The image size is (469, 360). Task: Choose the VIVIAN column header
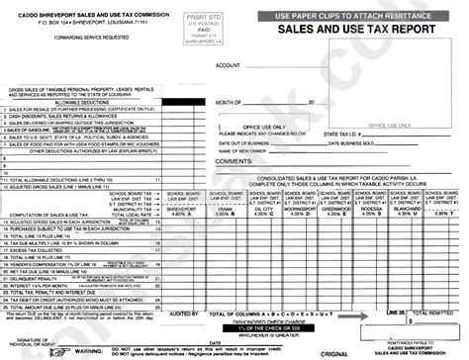[x=225, y=209]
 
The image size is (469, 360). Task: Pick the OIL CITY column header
[x=263, y=209]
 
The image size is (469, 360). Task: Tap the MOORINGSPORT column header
[x=302, y=209]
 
